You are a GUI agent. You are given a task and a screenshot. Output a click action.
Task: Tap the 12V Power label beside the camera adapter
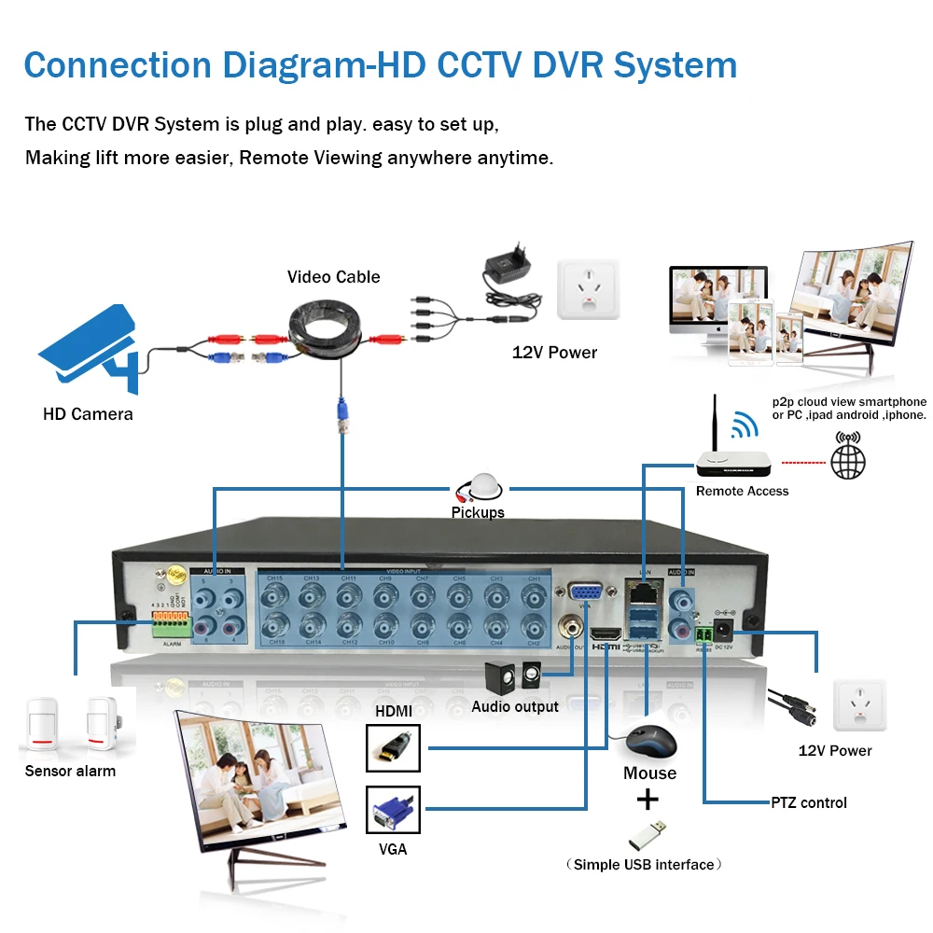click(x=554, y=352)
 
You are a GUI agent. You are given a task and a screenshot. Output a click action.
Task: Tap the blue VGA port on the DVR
click(x=585, y=595)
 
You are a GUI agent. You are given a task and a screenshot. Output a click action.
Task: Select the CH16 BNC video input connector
click(x=274, y=624)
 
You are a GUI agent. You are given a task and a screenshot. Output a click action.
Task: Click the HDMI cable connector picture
click(x=394, y=747)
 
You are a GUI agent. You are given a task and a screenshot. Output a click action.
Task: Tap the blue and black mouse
click(x=649, y=744)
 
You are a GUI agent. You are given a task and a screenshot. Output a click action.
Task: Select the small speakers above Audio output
click(x=512, y=675)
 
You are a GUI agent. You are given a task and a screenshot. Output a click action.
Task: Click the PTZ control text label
click(x=809, y=802)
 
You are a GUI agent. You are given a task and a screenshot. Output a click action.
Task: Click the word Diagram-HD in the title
click(x=322, y=65)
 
